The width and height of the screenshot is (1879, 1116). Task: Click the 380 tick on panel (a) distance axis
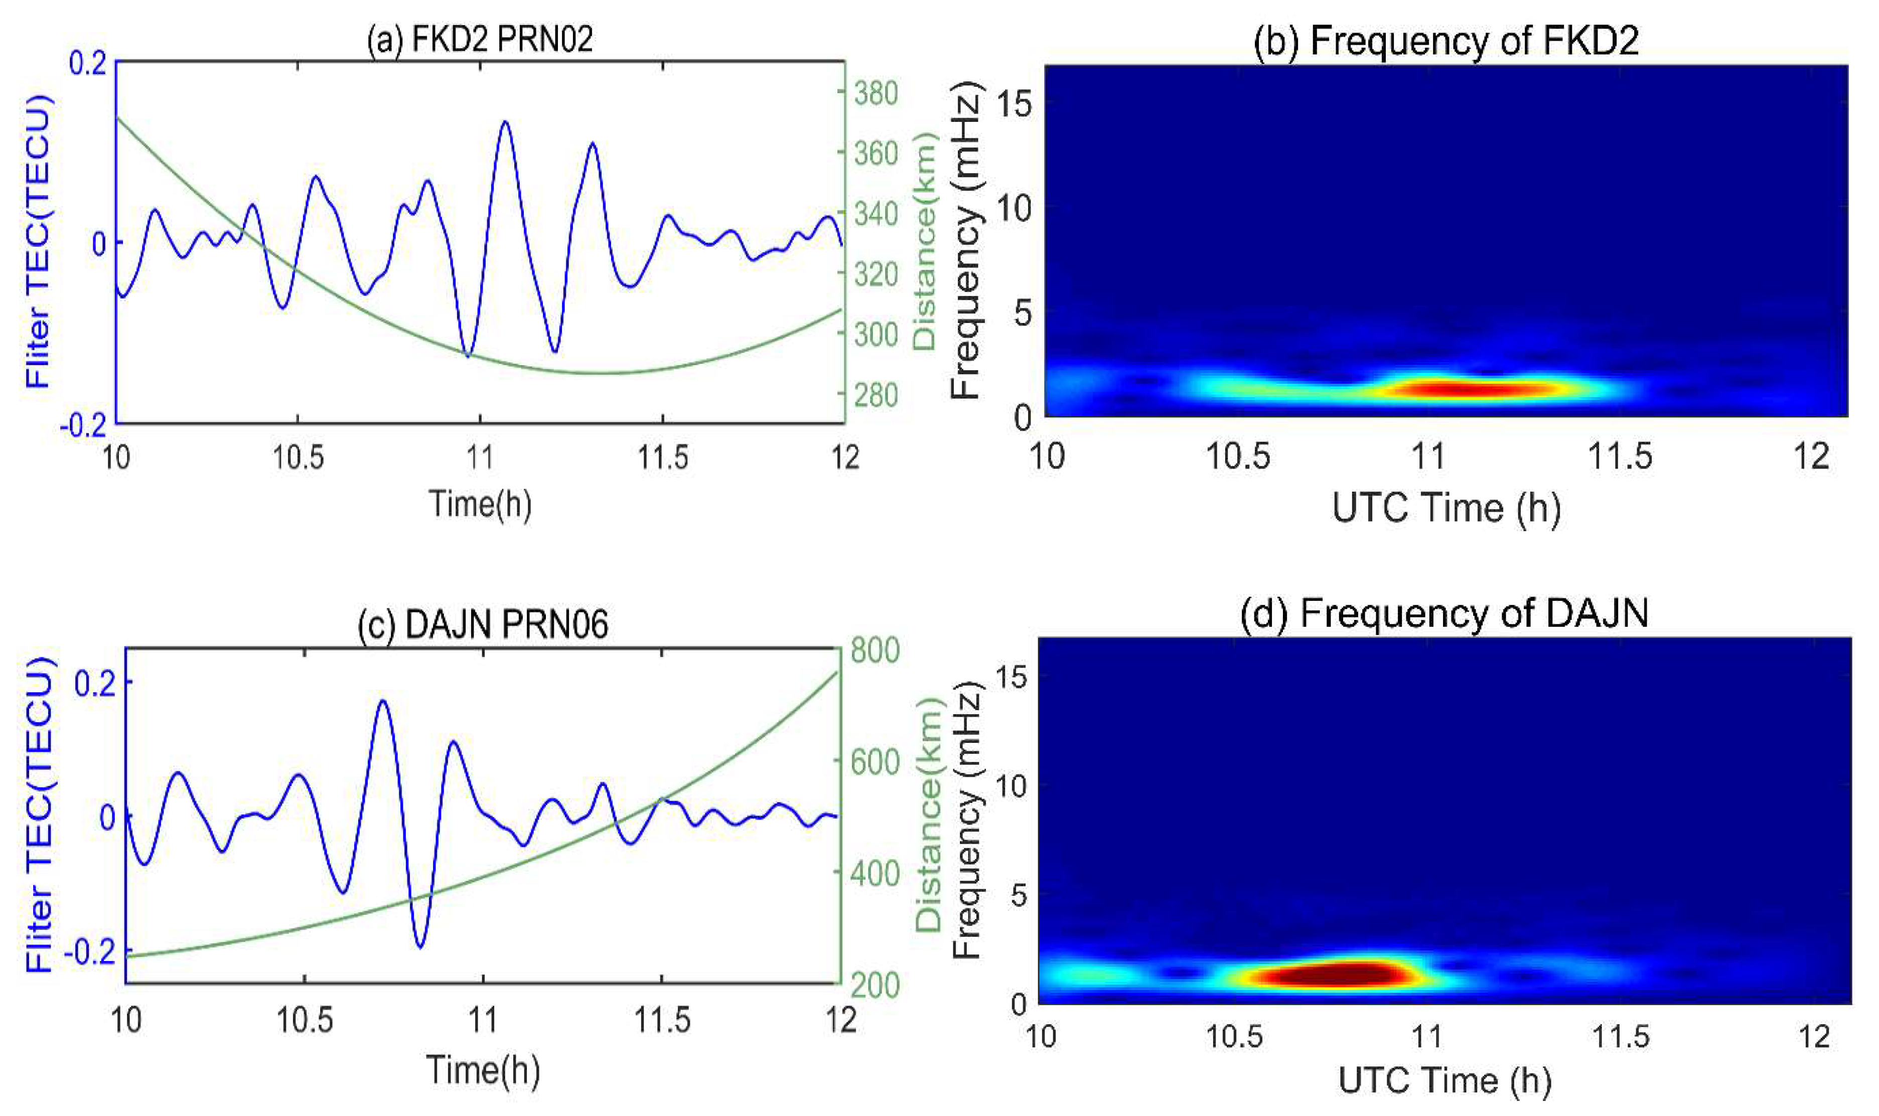(x=876, y=93)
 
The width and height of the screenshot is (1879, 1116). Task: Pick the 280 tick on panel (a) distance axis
(x=876, y=395)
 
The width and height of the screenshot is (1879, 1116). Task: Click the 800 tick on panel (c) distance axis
(x=874, y=650)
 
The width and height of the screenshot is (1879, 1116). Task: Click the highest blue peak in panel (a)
(x=505, y=122)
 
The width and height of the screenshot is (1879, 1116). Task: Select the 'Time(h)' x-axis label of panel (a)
(x=480, y=503)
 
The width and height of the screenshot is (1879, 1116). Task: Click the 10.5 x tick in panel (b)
(x=1237, y=456)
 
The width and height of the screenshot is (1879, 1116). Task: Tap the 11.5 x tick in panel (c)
(x=661, y=1021)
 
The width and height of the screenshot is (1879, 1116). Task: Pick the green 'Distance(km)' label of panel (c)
(x=930, y=816)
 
